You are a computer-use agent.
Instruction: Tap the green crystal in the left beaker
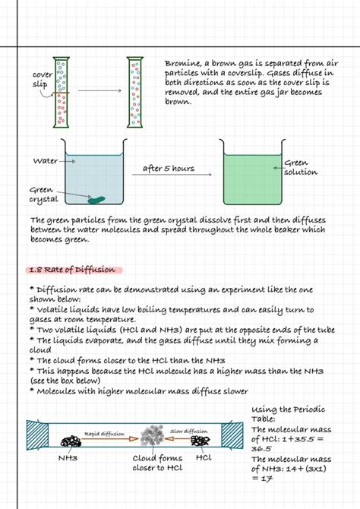(97, 200)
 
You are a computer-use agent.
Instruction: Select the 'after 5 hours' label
(168, 169)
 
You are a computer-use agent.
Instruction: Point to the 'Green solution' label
(300, 168)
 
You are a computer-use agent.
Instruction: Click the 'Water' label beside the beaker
(46, 161)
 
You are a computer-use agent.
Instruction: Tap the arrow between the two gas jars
(99, 91)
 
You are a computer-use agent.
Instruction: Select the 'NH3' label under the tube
(69, 459)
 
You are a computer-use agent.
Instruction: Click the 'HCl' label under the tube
(204, 458)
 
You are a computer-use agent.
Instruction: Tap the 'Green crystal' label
(44, 194)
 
